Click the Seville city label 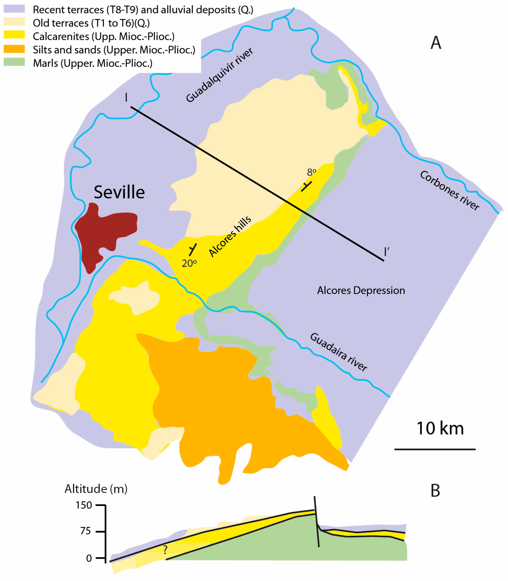pyautogui.click(x=119, y=192)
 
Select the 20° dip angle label pyautogui.click(x=189, y=263)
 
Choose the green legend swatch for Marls pyautogui.click(x=14, y=62)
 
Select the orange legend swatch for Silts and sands pyautogui.click(x=14, y=49)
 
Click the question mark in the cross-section pyautogui.click(x=165, y=550)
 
